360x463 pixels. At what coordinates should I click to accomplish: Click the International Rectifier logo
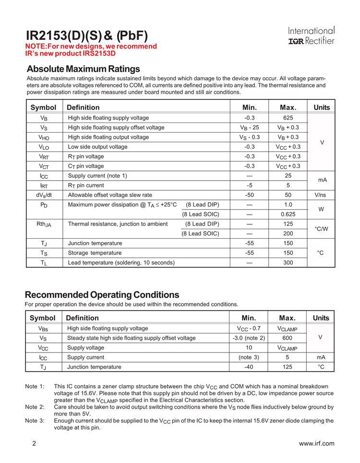point(311,36)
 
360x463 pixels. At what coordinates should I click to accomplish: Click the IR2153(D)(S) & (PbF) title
point(86,35)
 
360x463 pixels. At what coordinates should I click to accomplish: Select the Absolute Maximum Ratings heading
point(83,69)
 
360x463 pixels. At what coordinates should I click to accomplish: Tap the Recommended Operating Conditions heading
point(102,294)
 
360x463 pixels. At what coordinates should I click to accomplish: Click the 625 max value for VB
point(288,118)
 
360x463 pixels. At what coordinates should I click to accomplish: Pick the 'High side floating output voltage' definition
point(108,137)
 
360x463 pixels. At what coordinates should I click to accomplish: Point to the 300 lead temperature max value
point(288,262)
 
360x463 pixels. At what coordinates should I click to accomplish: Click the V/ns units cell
point(322,195)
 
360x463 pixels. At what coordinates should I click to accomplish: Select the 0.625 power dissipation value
point(288,214)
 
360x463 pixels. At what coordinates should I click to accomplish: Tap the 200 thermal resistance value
point(288,233)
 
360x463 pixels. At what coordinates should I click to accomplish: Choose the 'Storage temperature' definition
point(95,253)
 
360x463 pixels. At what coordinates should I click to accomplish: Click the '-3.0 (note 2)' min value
point(249,338)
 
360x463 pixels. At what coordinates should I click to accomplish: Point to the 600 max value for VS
point(288,338)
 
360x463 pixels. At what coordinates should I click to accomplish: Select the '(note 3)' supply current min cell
point(249,357)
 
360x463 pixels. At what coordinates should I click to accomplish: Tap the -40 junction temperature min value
point(249,367)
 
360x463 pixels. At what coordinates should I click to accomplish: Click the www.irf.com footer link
point(316,443)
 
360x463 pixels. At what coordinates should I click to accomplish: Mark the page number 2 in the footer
point(34,443)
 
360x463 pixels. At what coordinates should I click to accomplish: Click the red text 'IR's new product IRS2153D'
point(71,53)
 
